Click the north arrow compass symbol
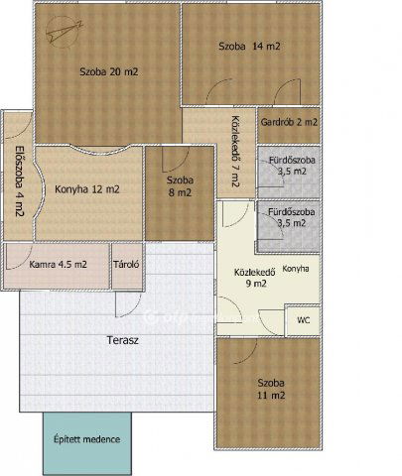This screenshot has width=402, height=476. click(x=63, y=32)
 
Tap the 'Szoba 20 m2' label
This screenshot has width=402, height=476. click(x=109, y=71)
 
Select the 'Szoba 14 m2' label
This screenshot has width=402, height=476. click(x=249, y=46)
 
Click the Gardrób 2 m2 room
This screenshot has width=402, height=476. click(x=289, y=125)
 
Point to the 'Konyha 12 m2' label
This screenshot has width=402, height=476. click(x=87, y=189)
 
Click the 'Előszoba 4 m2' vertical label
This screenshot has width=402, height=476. click(x=20, y=180)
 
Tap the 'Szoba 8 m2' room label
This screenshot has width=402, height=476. click(x=180, y=186)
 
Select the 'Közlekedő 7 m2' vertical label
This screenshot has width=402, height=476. click(x=235, y=152)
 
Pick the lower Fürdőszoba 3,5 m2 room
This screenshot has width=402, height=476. click(x=289, y=227)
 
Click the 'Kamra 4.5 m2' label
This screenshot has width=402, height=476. click(x=59, y=265)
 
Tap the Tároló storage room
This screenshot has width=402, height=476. click(x=127, y=266)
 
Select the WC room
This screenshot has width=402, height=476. click(x=303, y=320)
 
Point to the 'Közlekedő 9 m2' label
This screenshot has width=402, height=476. click(x=255, y=278)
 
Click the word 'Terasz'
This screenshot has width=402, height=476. click(x=123, y=340)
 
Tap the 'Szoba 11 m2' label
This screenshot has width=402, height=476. click(x=271, y=389)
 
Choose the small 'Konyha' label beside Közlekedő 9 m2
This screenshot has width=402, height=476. click(x=296, y=269)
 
